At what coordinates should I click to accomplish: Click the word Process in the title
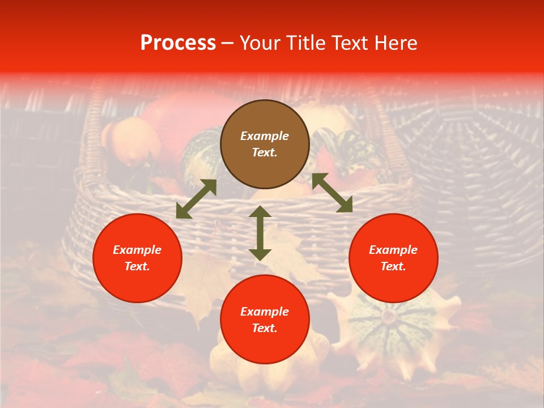coord(178,43)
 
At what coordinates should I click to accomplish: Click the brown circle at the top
coord(265,144)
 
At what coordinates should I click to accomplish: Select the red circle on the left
coord(137,258)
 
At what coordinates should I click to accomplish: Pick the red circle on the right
coord(393,258)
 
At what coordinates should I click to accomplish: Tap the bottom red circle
coord(265,320)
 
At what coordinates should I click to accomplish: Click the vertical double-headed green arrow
coord(260,233)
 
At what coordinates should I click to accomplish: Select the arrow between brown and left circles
coord(196,199)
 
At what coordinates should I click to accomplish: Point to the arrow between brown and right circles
coord(332,193)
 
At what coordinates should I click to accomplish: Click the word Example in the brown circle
coord(265,136)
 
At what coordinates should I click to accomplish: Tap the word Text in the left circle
coord(137,266)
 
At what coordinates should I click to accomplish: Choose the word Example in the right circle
coord(393,250)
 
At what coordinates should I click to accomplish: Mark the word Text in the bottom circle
coord(264,328)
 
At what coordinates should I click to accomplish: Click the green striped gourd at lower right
coord(391,329)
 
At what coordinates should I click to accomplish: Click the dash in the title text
coord(228,43)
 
